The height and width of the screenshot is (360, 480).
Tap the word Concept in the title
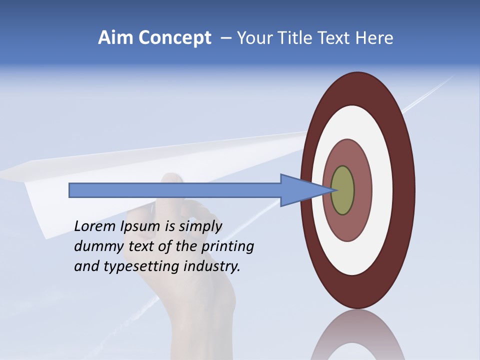click(x=173, y=38)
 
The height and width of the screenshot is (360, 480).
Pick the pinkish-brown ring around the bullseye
click(x=362, y=190)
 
